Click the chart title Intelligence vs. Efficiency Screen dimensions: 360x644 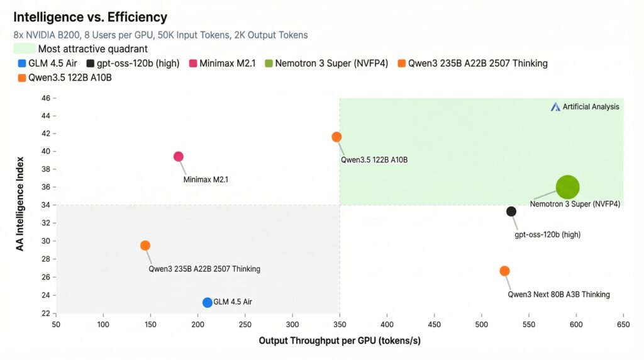click(x=90, y=17)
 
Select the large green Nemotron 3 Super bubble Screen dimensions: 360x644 click(x=567, y=187)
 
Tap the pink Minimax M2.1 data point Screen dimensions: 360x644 click(x=178, y=157)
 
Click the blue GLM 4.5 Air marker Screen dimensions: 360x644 click(x=208, y=303)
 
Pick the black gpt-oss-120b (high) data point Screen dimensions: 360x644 click(x=511, y=211)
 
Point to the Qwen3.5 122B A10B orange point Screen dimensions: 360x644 click(x=336, y=137)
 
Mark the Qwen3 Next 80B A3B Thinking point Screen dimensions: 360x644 click(x=504, y=271)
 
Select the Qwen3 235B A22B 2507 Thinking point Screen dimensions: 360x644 click(x=145, y=245)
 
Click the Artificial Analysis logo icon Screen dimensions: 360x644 click(x=555, y=107)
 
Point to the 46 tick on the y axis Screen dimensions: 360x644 click(x=45, y=98)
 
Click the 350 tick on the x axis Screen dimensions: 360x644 click(x=340, y=324)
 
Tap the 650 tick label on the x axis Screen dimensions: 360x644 click(x=623, y=324)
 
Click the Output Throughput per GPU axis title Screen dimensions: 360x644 click(x=340, y=341)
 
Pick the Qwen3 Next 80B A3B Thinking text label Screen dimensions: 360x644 click(x=558, y=295)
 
